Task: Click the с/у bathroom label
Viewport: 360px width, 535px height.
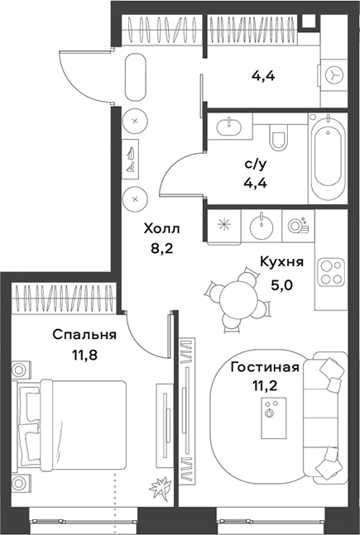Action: (x=255, y=165)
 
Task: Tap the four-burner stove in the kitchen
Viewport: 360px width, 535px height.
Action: (x=332, y=272)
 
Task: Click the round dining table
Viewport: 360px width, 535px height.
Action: (x=238, y=295)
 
